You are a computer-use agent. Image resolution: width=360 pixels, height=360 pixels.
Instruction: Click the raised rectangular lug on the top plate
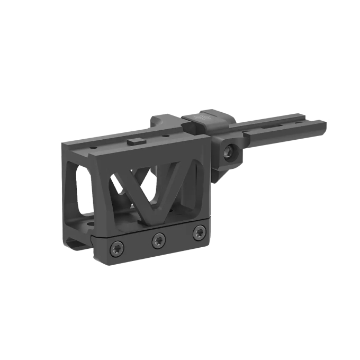(135, 141)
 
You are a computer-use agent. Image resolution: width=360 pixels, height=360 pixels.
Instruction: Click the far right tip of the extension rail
(324, 126)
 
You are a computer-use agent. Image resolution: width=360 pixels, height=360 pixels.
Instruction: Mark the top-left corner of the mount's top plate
(64, 144)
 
